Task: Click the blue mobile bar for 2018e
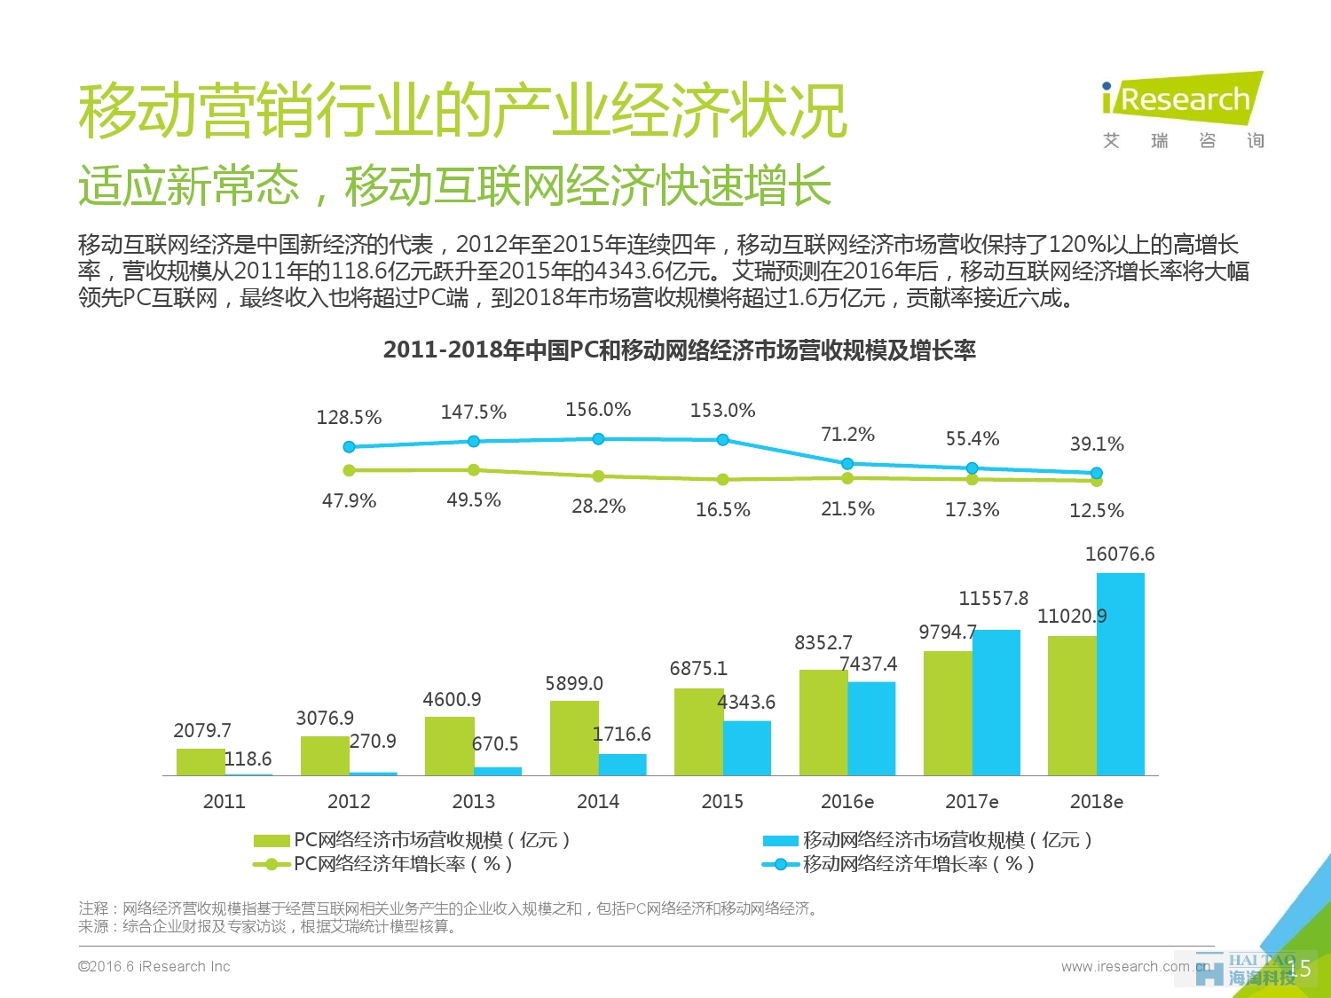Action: coord(1120,674)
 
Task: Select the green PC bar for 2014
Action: coord(574,738)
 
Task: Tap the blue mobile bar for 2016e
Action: coord(871,728)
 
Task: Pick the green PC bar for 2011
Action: coord(201,762)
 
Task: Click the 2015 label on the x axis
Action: coord(722,802)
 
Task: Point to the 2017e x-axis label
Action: coord(972,802)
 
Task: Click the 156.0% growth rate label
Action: coord(598,410)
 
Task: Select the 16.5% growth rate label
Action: coord(722,510)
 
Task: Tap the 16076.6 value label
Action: coord(1120,554)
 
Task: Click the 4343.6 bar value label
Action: coord(746,703)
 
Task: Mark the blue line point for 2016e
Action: coord(847,464)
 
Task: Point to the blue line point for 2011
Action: coord(349,447)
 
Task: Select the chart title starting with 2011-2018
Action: coord(679,350)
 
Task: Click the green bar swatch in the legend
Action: coord(271,840)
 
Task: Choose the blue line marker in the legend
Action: coord(781,864)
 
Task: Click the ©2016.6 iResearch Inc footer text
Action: coord(154,967)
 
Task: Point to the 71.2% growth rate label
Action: coord(847,435)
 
